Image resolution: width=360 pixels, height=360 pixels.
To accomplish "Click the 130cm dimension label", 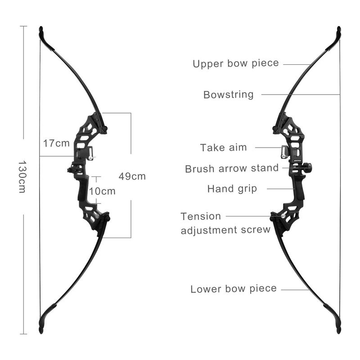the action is (22, 176).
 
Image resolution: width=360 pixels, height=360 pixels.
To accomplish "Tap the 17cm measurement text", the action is (57, 143).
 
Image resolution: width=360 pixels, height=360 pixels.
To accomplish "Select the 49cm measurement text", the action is (132, 176).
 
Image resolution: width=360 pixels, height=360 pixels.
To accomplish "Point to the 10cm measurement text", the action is (102, 191).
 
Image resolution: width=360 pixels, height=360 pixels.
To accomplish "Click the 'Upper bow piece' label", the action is (236, 63).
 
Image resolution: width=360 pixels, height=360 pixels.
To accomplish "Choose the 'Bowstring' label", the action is (229, 94).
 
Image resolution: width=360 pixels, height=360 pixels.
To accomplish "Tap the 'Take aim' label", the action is (223, 148).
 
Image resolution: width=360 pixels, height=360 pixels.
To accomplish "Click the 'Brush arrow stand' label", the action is (232, 168).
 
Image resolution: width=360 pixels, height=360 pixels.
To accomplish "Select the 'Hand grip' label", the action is (232, 189).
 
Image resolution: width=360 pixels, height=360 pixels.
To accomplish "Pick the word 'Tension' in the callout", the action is (201, 216).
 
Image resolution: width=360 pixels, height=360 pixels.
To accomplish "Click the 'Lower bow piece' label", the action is (234, 289).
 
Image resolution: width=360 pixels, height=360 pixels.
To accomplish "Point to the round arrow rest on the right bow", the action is (307, 167).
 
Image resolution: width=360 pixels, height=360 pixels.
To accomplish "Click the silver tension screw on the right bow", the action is (283, 216).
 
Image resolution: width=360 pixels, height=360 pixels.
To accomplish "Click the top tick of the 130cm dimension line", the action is (23, 26).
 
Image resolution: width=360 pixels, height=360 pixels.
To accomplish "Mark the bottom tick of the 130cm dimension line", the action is (23, 334).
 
